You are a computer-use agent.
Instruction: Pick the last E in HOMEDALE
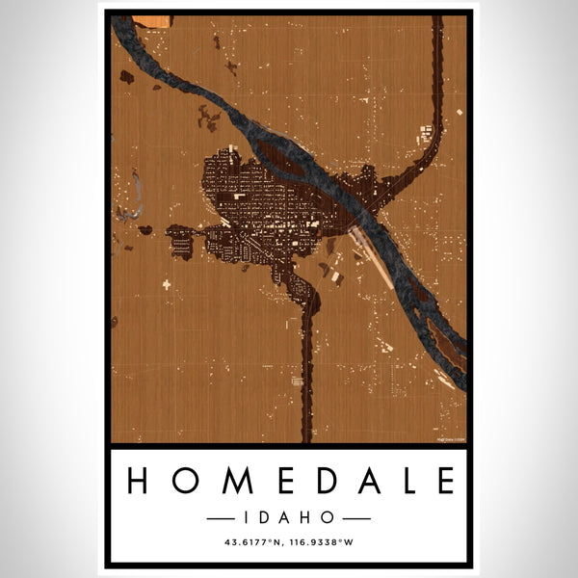[x=444, y=480]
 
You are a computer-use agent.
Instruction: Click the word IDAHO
[x=289, y=518]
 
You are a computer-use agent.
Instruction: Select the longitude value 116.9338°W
[x=322, y=542]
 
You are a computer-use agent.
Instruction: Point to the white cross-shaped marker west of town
[x=166, y=284]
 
